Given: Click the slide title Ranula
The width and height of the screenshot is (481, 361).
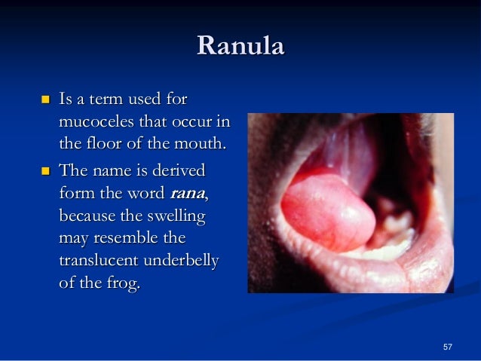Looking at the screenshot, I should [240, 47].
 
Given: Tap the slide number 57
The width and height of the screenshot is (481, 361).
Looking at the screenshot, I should [448, 346].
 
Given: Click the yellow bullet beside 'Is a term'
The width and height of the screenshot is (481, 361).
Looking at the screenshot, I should [43, 99].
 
